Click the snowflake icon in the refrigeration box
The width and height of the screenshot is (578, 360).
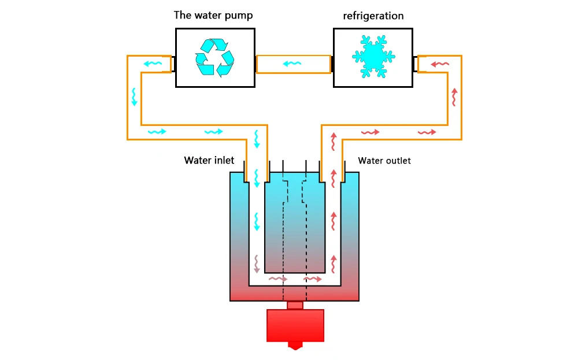[373, 57]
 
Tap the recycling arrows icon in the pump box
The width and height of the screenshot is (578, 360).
[215, 57]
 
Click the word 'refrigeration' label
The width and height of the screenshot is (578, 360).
[373, 16]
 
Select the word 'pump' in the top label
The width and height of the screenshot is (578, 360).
[240, 16]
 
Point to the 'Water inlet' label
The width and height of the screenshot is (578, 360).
[209, 160]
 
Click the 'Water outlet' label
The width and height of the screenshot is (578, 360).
[384, 161]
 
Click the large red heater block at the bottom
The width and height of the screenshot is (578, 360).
[295, 326]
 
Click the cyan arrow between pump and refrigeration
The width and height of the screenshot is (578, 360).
[292, 64]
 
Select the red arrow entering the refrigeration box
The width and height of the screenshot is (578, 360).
[440, 64]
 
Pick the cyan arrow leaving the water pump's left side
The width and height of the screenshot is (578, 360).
[153, 64]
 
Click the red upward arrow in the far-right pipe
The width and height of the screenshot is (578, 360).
[454, 97]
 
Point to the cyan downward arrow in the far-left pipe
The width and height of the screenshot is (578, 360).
[134, 97]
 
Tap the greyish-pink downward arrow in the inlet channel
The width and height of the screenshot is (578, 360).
[257, 264]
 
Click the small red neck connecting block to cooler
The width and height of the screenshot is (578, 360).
[295, 306]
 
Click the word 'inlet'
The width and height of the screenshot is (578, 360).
[223, 160]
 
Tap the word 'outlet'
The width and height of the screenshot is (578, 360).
[398, 161]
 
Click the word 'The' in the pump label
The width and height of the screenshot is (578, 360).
[183, 15]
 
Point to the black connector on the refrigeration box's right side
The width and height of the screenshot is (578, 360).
[415, 65]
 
